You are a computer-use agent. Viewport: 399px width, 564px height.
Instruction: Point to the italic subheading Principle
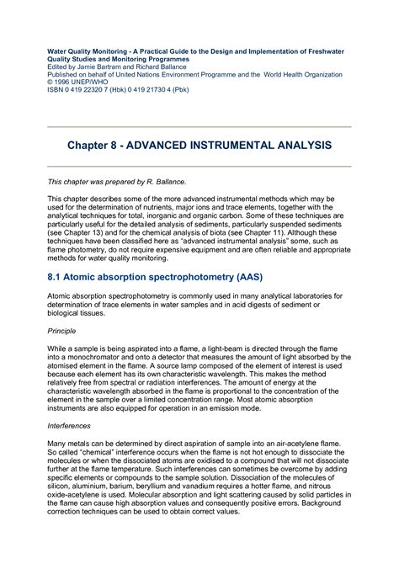pos(61,331)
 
